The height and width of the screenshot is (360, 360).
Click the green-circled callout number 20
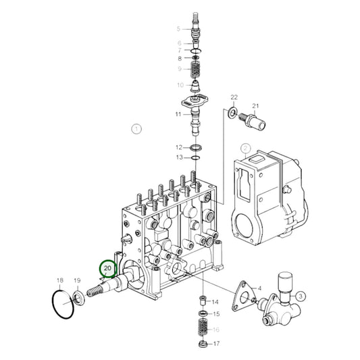coord(107,269)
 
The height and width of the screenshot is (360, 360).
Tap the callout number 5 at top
coord(179,28)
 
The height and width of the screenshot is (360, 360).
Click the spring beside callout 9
coord(195,69)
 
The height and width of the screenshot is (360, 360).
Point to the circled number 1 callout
coord(136,128)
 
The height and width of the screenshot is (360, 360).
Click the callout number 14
coord(216,301)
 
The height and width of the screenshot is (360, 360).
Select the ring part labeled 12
coord(195,147)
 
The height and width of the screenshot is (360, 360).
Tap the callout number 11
coord(179,114)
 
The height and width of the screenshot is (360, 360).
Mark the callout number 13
coord(179,157)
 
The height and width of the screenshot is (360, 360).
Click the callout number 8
coord(179,59)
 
